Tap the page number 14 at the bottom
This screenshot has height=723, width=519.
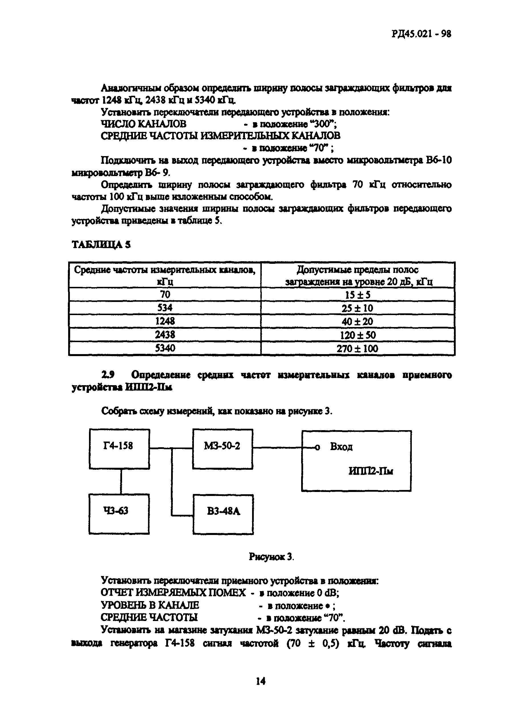click(260, 681)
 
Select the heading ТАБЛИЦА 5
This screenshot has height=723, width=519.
click(101, 244)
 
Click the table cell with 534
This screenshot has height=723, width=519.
click(165, 308)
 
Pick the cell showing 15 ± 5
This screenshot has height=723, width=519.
click(358, 295)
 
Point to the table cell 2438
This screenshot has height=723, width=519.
click(165, 334)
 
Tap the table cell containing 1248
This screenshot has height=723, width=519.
click(165, 321)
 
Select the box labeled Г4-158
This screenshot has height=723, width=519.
click(119, 449)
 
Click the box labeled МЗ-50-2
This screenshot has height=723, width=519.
click(222, 449)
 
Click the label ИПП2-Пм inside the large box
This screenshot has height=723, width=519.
click(371, 471)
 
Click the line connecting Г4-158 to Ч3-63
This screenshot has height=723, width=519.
click(121, 481)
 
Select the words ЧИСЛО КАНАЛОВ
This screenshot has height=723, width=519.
click(143, 124)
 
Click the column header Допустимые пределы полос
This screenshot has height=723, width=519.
click(358, 270)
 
